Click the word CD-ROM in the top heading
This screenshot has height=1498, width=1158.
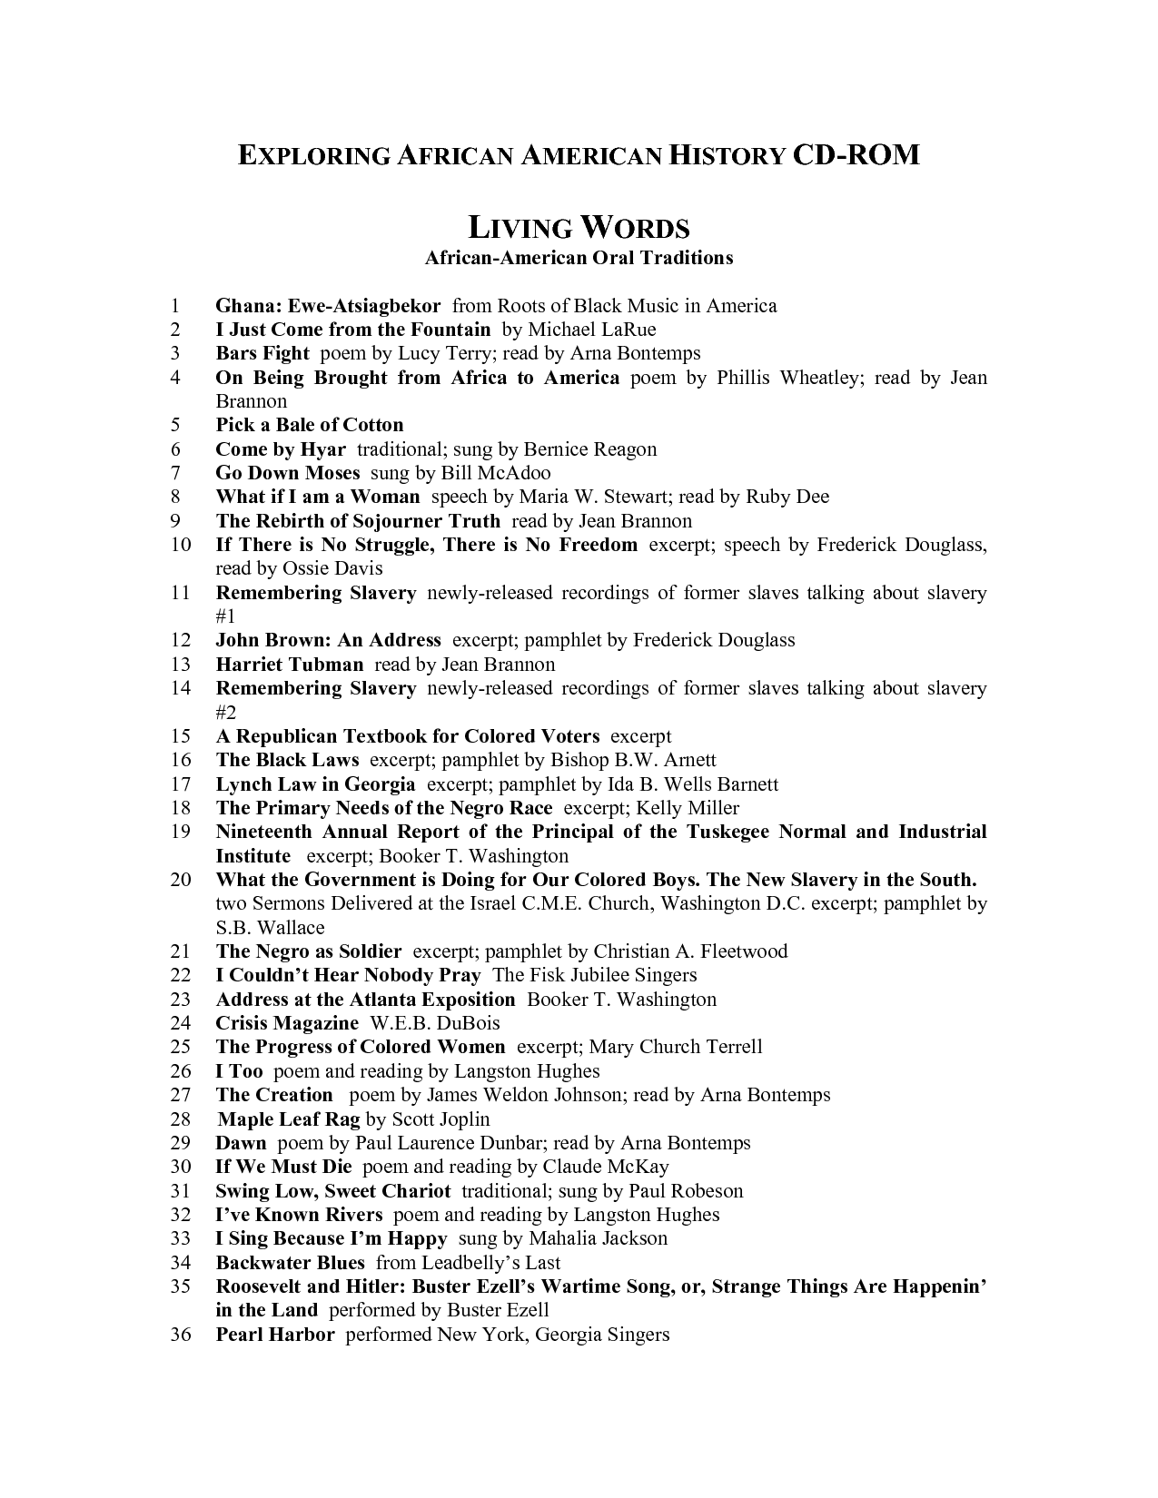[x=856, y=155]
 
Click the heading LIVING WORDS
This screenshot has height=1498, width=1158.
[x=579, y=227]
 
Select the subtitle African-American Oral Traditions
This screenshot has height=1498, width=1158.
[x=579, y=258]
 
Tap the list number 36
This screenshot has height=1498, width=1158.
[x=181, y=1335]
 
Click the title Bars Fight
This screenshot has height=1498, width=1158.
[x=262, y=353]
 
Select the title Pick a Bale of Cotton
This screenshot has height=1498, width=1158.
[x=309, y=425]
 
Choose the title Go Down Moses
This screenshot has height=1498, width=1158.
[x=287, y=473]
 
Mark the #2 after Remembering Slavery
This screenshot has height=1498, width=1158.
[x=226, y=712]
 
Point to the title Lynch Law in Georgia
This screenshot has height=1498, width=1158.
[x=315, y=784]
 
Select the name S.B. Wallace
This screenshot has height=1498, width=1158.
[x=270, y=928]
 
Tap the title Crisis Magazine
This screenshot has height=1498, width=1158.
[x=287, y=1023]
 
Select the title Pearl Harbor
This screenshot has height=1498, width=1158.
[x=275, y=1335]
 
